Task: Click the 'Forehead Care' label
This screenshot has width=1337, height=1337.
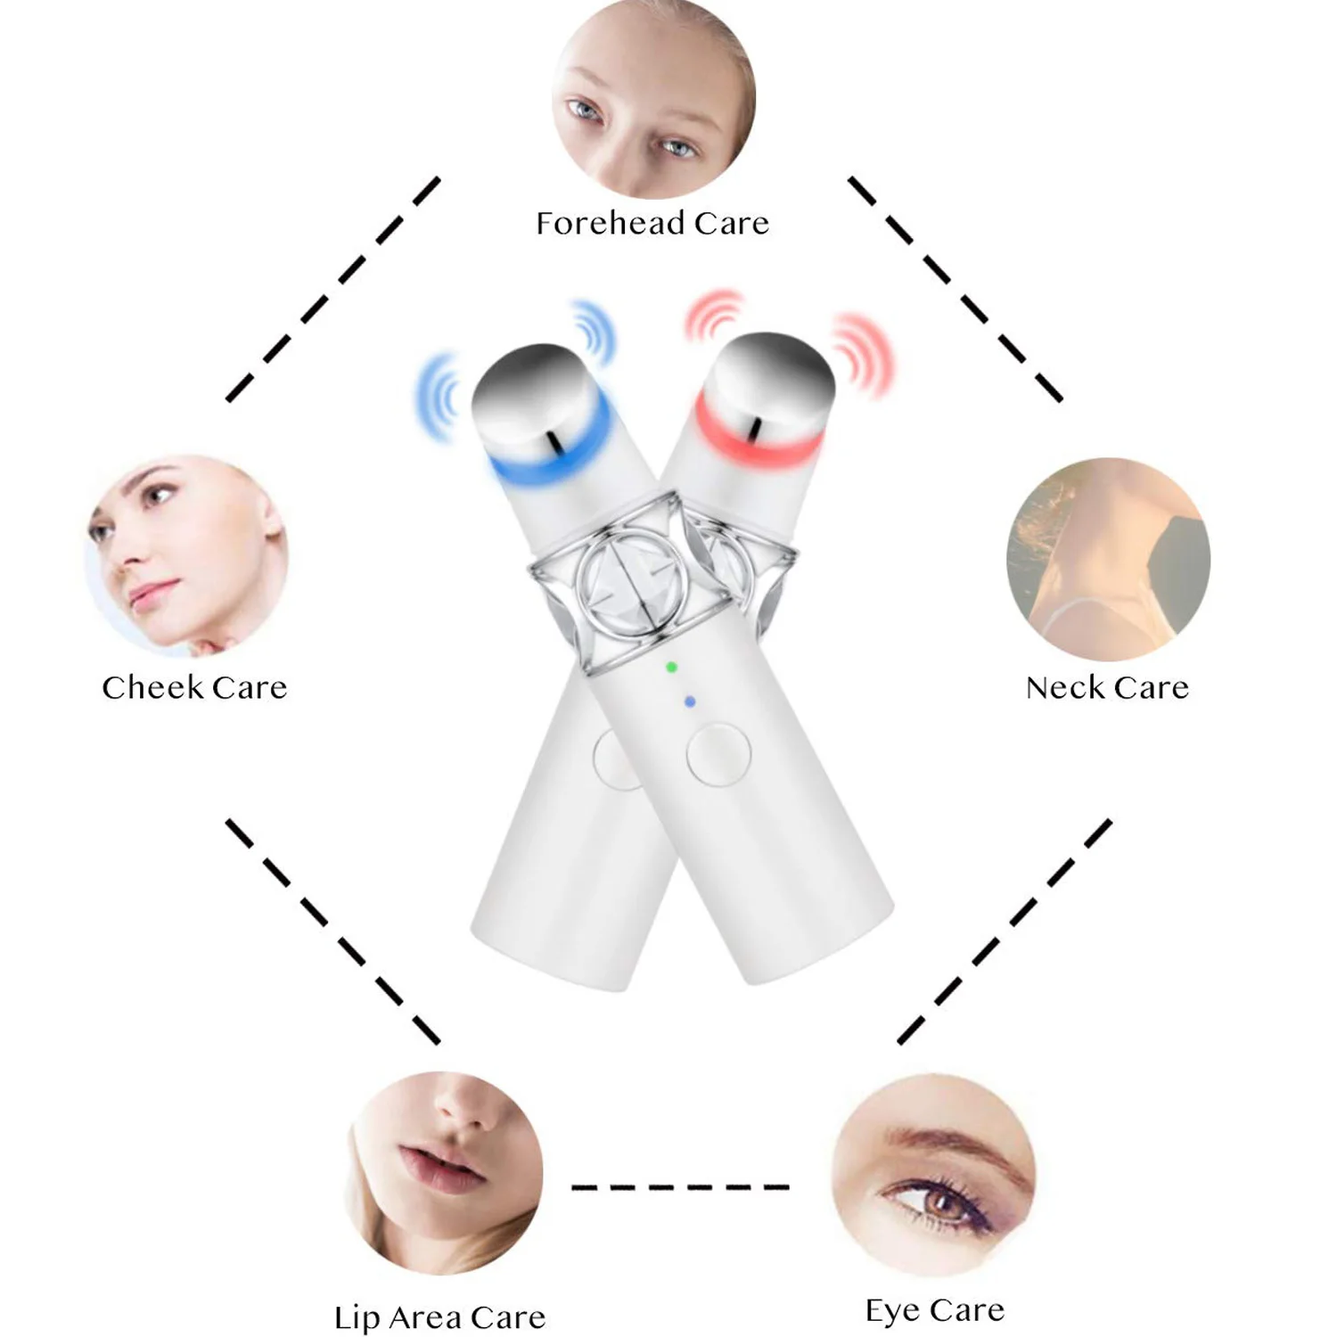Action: (x=652, y=223)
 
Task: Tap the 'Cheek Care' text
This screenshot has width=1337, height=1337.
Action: (x=194, y=687)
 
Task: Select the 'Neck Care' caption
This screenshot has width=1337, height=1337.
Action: (x=1107, y=687)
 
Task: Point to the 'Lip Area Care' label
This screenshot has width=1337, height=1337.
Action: (x=439, y=1317)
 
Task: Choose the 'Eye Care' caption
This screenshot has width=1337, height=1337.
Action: (x=935, y=1310)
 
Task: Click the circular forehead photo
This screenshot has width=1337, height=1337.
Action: (x=653, y=98)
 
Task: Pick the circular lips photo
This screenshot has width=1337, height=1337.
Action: (x=443, y=1172)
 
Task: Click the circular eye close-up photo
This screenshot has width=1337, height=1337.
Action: (x=933, y=1174)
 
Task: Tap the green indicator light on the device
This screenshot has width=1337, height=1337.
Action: (x=671, y=667)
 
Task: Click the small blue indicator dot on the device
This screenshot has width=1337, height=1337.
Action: (x=689, y=702)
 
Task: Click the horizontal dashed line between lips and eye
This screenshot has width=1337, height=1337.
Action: (x=679, y=1187)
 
